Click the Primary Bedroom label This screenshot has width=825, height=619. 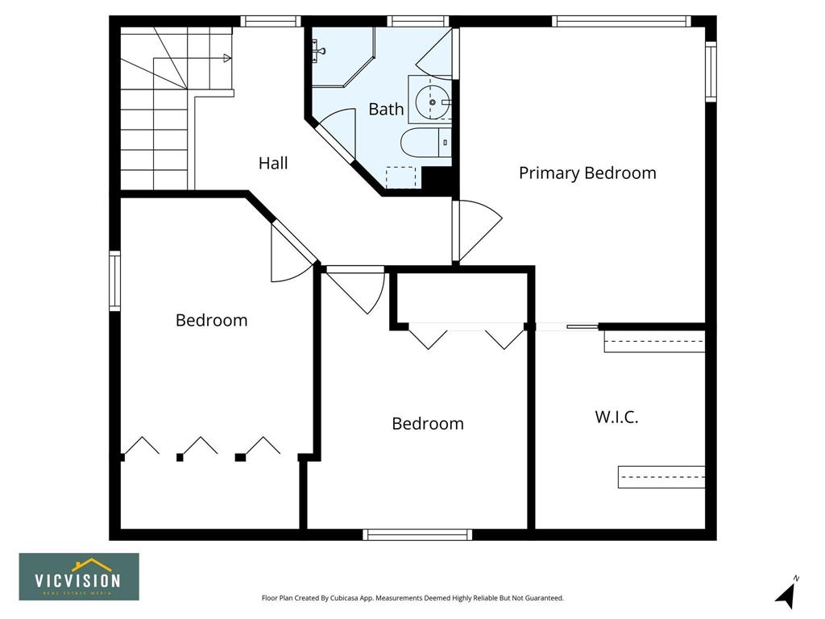pyautogui.click(x=587, y=173)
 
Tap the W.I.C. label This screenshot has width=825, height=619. pyautogui.click(x=616, y=417)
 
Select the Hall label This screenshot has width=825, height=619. pyautogui.click(x=273, y=163)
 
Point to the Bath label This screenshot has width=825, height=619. pyautogui.click(x=386, y=109)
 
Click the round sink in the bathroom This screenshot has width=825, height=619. pyautogui.click(x=433, y=102)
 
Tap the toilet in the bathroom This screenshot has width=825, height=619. pyautogui.click(x=426, y=143)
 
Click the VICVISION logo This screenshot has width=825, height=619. pyautogui.click(x=79, y=576)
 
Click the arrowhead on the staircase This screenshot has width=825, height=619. pyautogui.click(x=227, y=58)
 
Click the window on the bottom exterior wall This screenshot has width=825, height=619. pyautogui.click(x=417, y=535)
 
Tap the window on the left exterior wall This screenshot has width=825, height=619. pyautogui.click(x=114, y=281)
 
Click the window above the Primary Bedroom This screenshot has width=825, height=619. pyautogui.click(x=621, y=21)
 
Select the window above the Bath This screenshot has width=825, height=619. pyautogui.click(x=418, y=21)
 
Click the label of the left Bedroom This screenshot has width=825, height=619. pyautogui.click(x=212, y=320)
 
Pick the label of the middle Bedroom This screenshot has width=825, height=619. pyautogui.click(x=428, y=424)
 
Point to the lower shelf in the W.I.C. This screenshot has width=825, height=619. pyautogui.click(x=661, y=477)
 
